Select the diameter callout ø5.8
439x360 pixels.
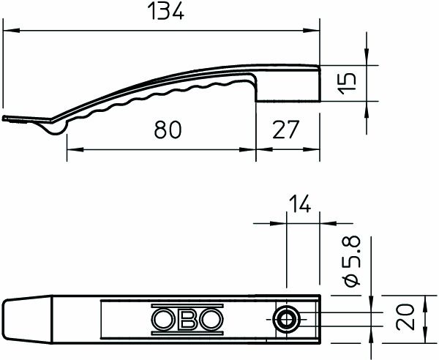pos(351,262)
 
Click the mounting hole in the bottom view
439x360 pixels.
pos(286,318)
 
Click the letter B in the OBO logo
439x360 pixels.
pos(186,319)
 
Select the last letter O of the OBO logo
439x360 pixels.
pos(209,319)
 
